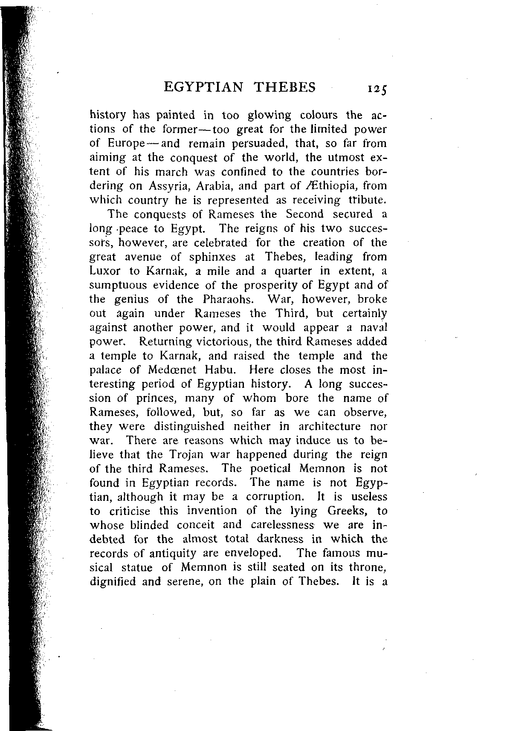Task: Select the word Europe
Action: [129, 144]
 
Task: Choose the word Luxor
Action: [105, 271]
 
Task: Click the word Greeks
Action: [346, 511]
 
